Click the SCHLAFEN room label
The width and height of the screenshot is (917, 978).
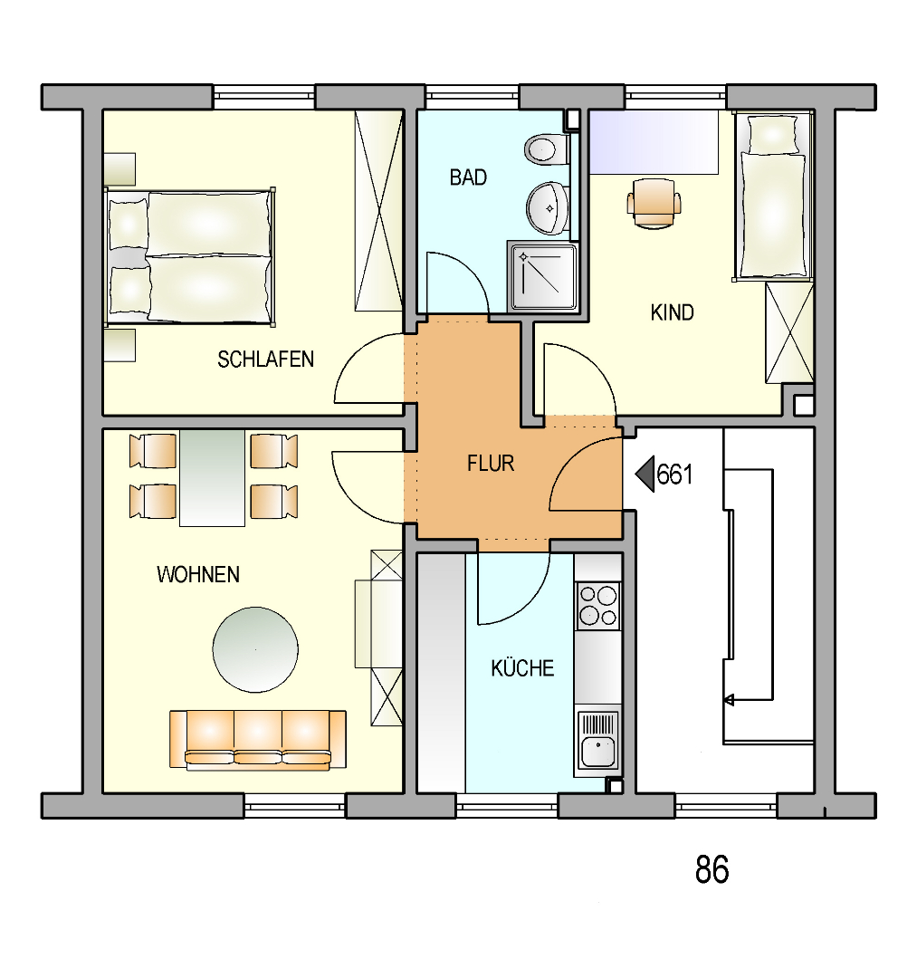(265, 360)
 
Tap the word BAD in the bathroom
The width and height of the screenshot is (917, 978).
(468, 177)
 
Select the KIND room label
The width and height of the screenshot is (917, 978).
(672, 312)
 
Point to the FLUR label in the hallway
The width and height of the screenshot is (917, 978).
(491, 464)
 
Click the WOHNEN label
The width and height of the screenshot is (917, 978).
(198, 574)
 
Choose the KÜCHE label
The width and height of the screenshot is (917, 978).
(522, 667)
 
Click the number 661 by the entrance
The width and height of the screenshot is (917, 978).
(674, 475)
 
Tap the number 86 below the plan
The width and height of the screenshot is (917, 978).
(712, 869)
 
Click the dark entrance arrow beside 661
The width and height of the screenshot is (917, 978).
(645, 474)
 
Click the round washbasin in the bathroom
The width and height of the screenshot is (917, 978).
(548, 207)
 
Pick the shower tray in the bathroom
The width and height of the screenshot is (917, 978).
(543, 276)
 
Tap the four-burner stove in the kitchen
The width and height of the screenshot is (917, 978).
(598, 606)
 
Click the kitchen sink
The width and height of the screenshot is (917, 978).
(598, 741)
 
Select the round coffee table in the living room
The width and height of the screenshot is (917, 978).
(255, 649)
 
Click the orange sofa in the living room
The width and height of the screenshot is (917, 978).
(258, 739)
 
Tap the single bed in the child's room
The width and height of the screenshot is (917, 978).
(773, 196)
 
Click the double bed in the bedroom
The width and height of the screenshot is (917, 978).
(190, 257)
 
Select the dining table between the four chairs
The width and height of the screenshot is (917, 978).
(212, 478)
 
